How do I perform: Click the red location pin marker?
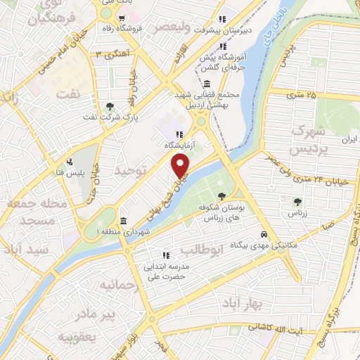pos(181,166)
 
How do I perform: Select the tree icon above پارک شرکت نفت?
pos(110,107)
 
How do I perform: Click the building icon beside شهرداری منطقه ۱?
pos(124,219)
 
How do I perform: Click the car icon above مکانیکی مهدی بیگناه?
pos(263,234)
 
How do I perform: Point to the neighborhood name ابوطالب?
pos(202,250)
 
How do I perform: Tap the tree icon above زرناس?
pos(297,201)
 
